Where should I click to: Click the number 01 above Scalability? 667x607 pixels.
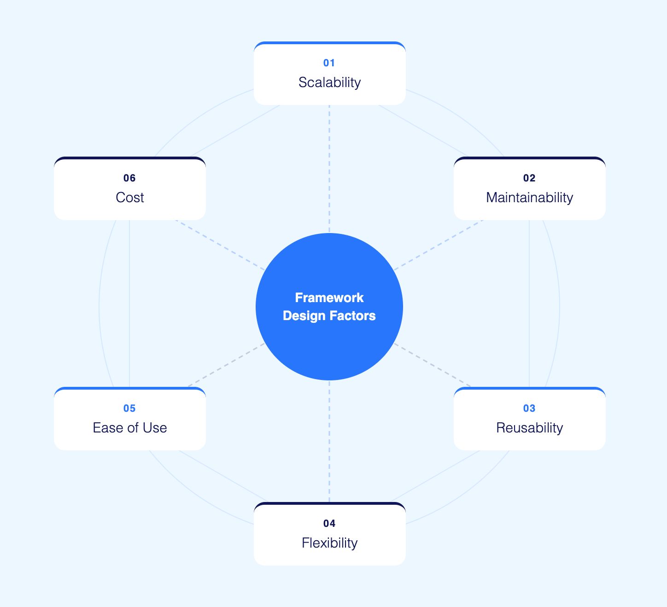pos(329,63)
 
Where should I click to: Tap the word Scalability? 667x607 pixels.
pos(329,82)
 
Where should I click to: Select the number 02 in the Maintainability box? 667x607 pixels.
pos(529,178)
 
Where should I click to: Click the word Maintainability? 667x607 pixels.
pos(529,198)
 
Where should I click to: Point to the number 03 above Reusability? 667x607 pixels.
pos(529,409)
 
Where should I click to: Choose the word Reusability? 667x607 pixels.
pos(529,428)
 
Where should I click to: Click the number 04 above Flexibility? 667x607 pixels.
pos(329,524)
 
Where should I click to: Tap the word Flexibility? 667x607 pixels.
pos(329,543)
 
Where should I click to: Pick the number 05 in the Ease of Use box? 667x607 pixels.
pos(129,409)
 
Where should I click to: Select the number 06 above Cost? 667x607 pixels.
pos(129,178)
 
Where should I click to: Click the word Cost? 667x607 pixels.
pos(130,198)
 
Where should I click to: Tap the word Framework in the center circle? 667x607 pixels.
pos(329,298)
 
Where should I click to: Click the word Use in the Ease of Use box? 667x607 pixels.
pos(155,428)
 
